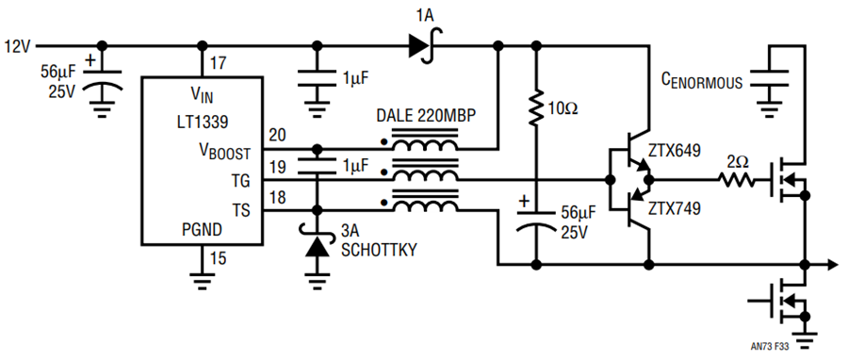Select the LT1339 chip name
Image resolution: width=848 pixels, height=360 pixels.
(203, 123)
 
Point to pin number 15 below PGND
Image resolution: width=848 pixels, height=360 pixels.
(218, 258)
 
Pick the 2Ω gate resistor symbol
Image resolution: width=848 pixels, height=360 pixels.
(736, 180)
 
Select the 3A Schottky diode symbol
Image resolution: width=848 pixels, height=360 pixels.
(317, 243)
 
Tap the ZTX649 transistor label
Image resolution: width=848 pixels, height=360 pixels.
(676, 150)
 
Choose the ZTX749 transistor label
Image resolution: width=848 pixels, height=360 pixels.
(676, 208)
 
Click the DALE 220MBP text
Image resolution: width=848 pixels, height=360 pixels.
(426, 117)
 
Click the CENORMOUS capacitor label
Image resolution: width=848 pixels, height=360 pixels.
(702, 82)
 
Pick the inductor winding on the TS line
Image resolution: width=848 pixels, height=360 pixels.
(425, 205)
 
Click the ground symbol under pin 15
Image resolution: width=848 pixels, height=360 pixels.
(202, 280)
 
